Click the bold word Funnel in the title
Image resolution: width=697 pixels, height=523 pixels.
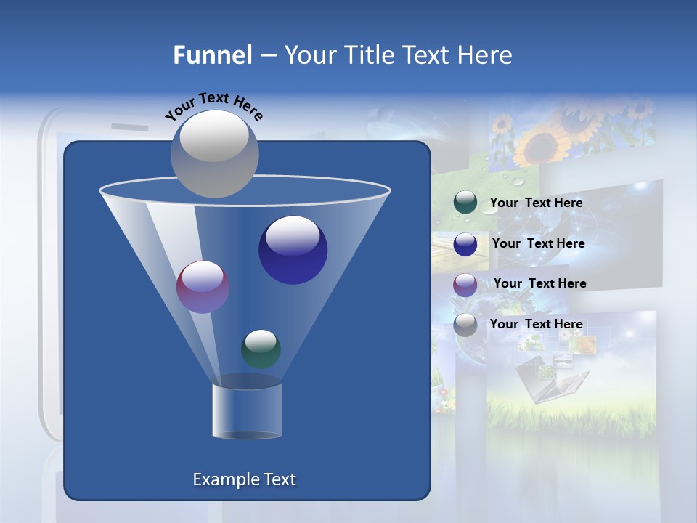[x=212, y=55]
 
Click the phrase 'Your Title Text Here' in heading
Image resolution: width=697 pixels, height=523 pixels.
[x=398, y=55]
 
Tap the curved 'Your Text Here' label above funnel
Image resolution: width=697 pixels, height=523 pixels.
[x=213, y=106]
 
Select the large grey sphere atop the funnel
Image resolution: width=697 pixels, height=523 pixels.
[x=214, y=154]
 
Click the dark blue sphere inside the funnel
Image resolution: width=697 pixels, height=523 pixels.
[x=293, y=250]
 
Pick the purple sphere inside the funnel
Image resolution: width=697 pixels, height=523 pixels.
[x=203, y=286]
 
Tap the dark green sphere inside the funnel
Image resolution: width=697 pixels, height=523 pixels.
[x=261, y=349]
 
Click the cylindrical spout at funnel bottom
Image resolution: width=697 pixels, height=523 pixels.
[x=247, y=410]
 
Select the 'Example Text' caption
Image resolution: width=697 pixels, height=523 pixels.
[x=244, y=479]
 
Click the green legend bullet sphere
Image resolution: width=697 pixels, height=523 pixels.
[x=465, y=203]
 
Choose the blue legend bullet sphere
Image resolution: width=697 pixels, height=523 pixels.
[x=465, y=244]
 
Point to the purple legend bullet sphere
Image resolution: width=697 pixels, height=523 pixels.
[x=465, y=284]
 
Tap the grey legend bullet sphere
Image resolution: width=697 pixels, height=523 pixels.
[x=465, y=325]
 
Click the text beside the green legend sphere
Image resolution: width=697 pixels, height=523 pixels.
[x=536, y=203]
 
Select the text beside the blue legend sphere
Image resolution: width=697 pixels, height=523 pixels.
[x=538, y=244]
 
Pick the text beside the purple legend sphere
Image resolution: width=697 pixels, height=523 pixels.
[x=539, y=284]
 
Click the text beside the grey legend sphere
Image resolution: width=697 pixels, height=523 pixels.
[x=536, y=325]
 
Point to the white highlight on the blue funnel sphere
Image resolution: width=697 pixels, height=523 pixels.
[x=293, y=235]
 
